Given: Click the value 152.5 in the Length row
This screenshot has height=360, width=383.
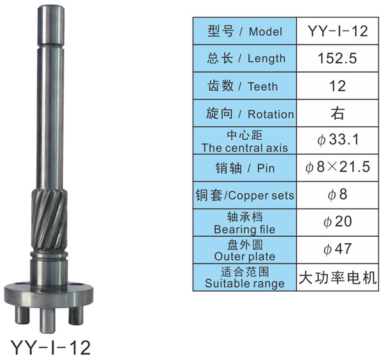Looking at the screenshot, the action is click(x=337, y=58).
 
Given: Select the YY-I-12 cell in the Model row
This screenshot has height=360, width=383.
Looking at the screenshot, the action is click(x=338, y=31).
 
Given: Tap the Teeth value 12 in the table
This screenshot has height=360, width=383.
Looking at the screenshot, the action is click(x=338, y=86).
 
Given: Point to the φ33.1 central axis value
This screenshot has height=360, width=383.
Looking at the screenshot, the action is click(x=338, y=140).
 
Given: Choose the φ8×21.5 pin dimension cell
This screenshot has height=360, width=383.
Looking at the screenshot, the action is click(x=338, y=167).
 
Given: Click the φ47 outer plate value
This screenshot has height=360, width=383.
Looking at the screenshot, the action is click(x=338, y=249).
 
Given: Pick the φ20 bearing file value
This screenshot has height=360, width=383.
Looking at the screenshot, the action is click(x=338, y=221).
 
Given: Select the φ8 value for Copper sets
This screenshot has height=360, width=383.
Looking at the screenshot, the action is click(x=338, y=195).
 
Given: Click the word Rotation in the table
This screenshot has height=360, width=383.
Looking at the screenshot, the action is click(x=271, y=114).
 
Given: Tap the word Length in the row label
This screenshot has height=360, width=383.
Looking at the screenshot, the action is click(x=267, y=59).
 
